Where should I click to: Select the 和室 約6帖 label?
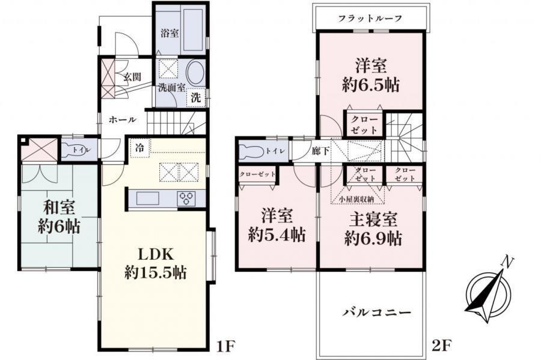pos(58,217)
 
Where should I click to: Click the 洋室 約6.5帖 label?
pos(370,75)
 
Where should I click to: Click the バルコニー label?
pos(377,313)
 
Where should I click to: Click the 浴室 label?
pos(169,34)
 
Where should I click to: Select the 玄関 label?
pos(132,77)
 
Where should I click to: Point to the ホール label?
pos(122,120)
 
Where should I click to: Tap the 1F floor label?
pos(224,347)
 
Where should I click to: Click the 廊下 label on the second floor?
pos(320,151)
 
